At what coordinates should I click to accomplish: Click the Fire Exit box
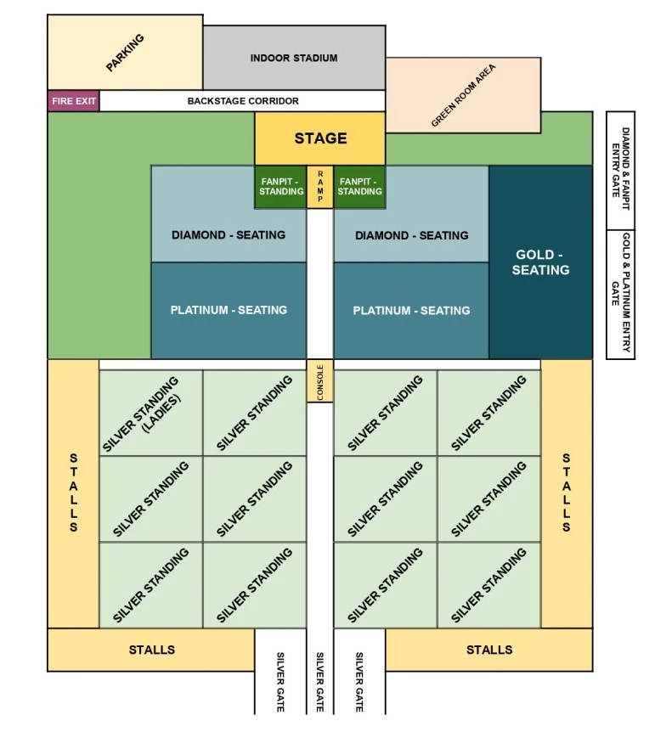tap(74, 101)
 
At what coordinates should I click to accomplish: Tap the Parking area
tap(125, 53)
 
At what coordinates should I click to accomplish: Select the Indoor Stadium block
tap(294, 58)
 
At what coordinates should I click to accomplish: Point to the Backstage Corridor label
tap(243, 101)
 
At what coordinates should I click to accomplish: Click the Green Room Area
tap(464, 95)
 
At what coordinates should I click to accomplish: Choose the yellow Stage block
tap(320, 138)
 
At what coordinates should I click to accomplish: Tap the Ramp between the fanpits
tap(320, 187)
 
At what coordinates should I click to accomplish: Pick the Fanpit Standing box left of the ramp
tap(281, 187)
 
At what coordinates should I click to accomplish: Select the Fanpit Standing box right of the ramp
tap(359, 187)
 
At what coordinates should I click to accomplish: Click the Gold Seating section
tap(540, 262)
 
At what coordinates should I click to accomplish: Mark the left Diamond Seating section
tap(229, 235)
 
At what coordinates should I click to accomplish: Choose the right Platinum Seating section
tap(411, 311)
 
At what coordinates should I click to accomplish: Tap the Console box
tap(320, 381)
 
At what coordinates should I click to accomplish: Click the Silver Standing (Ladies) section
tap(151, 413)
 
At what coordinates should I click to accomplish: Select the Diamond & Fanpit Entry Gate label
tap(620, 170)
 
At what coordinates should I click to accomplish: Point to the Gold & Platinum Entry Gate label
tap(620, 294)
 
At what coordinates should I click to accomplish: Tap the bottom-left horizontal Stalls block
tap(151, 650)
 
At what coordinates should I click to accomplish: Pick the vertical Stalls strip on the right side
tap(566, 493)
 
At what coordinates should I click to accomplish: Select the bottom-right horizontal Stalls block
tap(489, 650)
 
